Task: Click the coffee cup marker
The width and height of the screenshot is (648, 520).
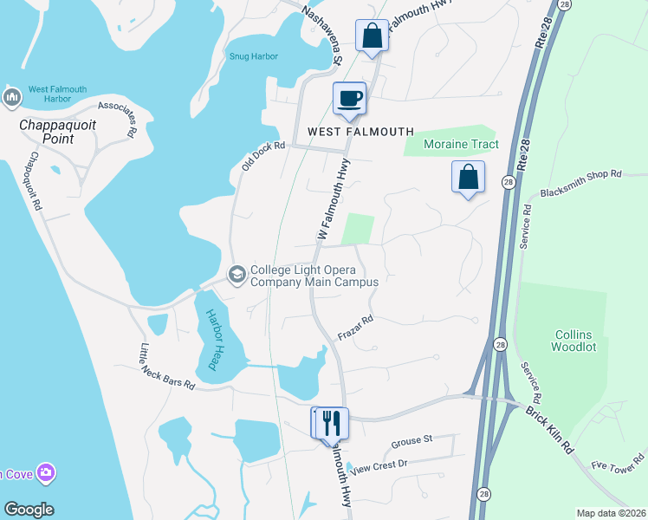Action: click(x=350, y=98)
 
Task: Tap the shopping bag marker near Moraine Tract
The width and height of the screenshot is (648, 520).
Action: click(x=468, y=177)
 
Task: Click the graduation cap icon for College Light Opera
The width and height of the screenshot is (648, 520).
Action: click(x=236, y=275)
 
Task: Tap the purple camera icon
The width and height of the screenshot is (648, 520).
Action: click(x=46, y=472)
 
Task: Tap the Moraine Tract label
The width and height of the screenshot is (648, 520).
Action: click(x=460, y=144)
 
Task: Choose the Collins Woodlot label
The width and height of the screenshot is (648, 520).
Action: click(x=575, y=341)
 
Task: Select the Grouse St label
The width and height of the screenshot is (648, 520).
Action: click(x=411, y=440)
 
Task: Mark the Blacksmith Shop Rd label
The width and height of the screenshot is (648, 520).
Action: click(x=580, y=185)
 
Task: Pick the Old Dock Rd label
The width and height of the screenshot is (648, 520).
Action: click(x=263, y=156)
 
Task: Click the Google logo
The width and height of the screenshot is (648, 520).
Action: click(x=28, y=510)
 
